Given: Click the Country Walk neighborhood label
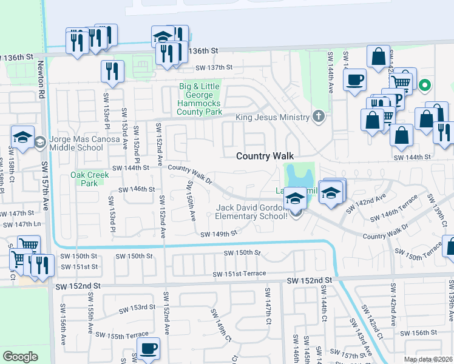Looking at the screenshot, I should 265,156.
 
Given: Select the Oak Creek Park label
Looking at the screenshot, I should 89,179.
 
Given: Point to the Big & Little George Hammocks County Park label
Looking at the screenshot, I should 199,99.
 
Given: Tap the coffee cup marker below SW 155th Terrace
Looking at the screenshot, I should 148,349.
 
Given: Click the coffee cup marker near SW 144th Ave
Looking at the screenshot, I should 355,79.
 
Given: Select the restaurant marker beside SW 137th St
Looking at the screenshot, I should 112,70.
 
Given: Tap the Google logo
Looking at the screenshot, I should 20,356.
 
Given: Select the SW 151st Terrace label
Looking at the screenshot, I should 239,274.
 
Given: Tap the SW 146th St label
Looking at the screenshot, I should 137,189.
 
